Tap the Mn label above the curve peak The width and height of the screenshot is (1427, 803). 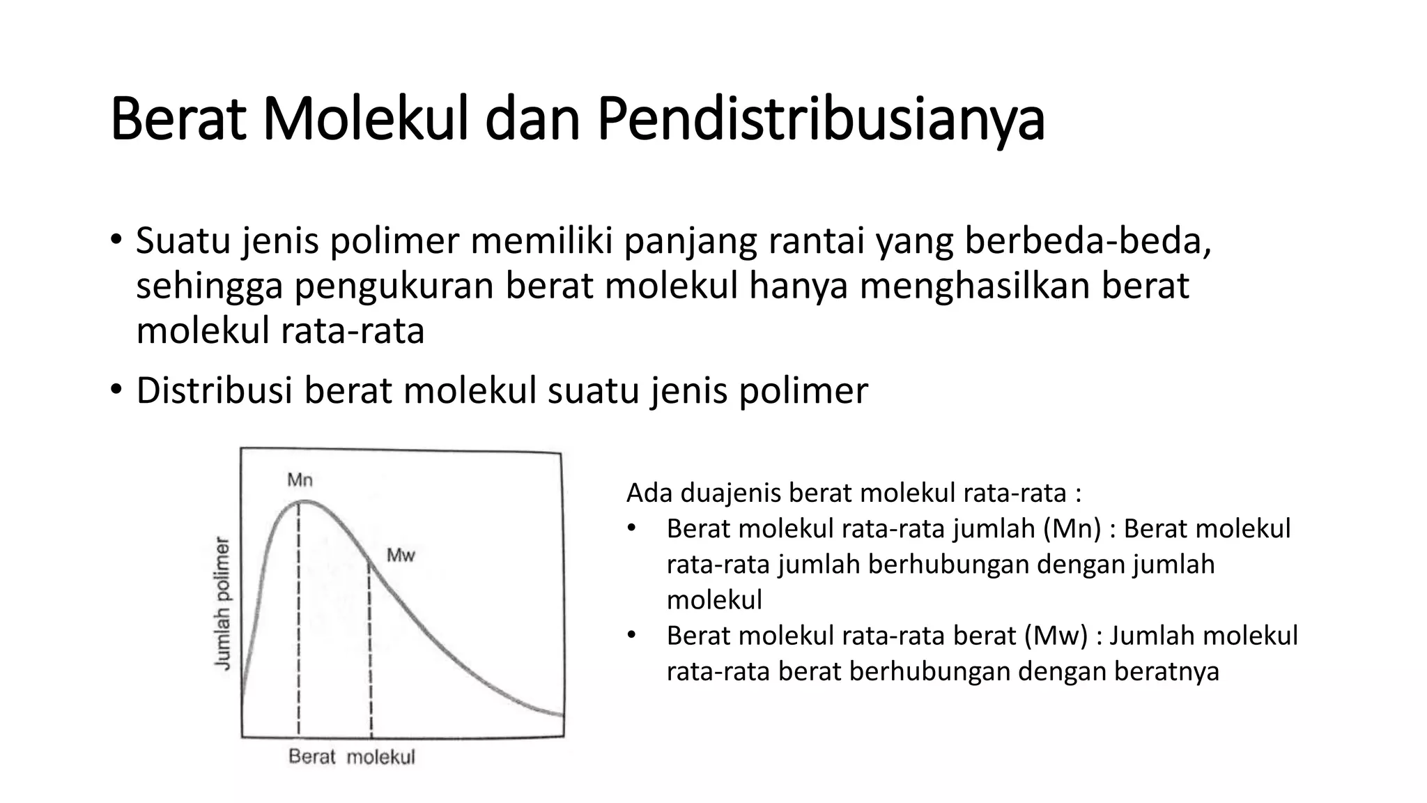coord(300,480)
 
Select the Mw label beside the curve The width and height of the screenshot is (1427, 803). coord(401,556)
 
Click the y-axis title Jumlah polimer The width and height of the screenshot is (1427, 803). coord(222,604)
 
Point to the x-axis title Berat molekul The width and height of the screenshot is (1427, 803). coord(351,757)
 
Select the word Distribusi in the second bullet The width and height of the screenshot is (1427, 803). coord(214,390)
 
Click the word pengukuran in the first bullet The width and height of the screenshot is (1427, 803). coord(394,286)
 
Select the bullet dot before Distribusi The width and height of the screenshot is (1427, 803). coord(116,390)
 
